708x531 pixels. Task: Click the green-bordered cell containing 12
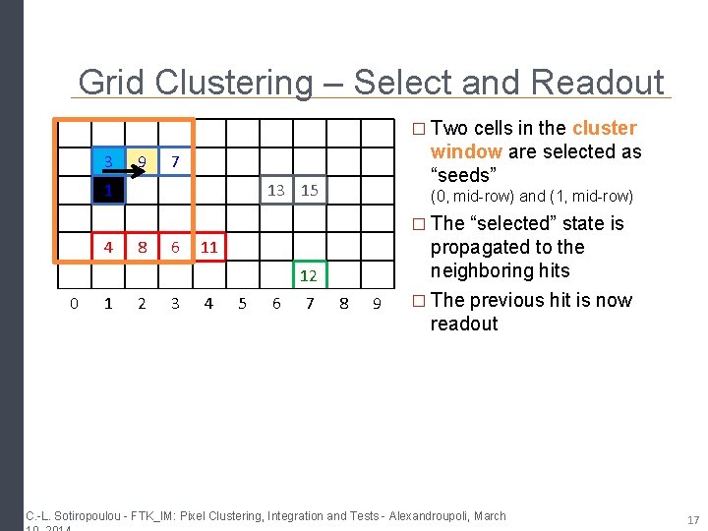309,275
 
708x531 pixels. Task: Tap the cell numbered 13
276,191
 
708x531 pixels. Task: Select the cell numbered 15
310,191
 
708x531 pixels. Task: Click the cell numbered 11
208,248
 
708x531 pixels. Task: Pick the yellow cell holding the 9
143,160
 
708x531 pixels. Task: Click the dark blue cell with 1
109,190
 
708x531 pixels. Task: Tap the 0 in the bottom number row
74,304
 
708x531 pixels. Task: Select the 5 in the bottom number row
242,304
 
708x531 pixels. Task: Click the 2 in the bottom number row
142,304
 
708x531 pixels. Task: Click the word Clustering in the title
231,83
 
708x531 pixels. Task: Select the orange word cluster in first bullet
604,129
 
